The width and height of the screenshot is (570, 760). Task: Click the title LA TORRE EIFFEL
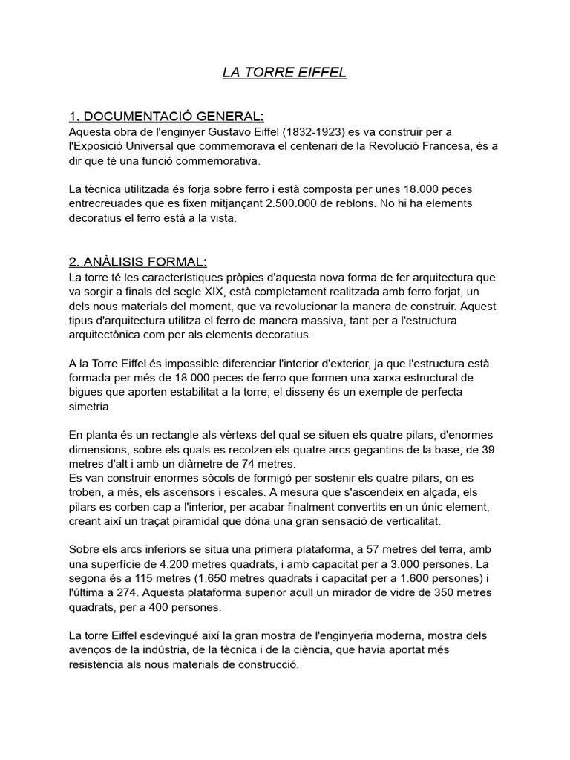click(284, 73)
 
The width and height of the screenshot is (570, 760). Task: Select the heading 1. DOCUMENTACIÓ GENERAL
click(166, 117)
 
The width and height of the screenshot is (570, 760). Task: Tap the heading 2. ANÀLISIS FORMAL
click(137, 262)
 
